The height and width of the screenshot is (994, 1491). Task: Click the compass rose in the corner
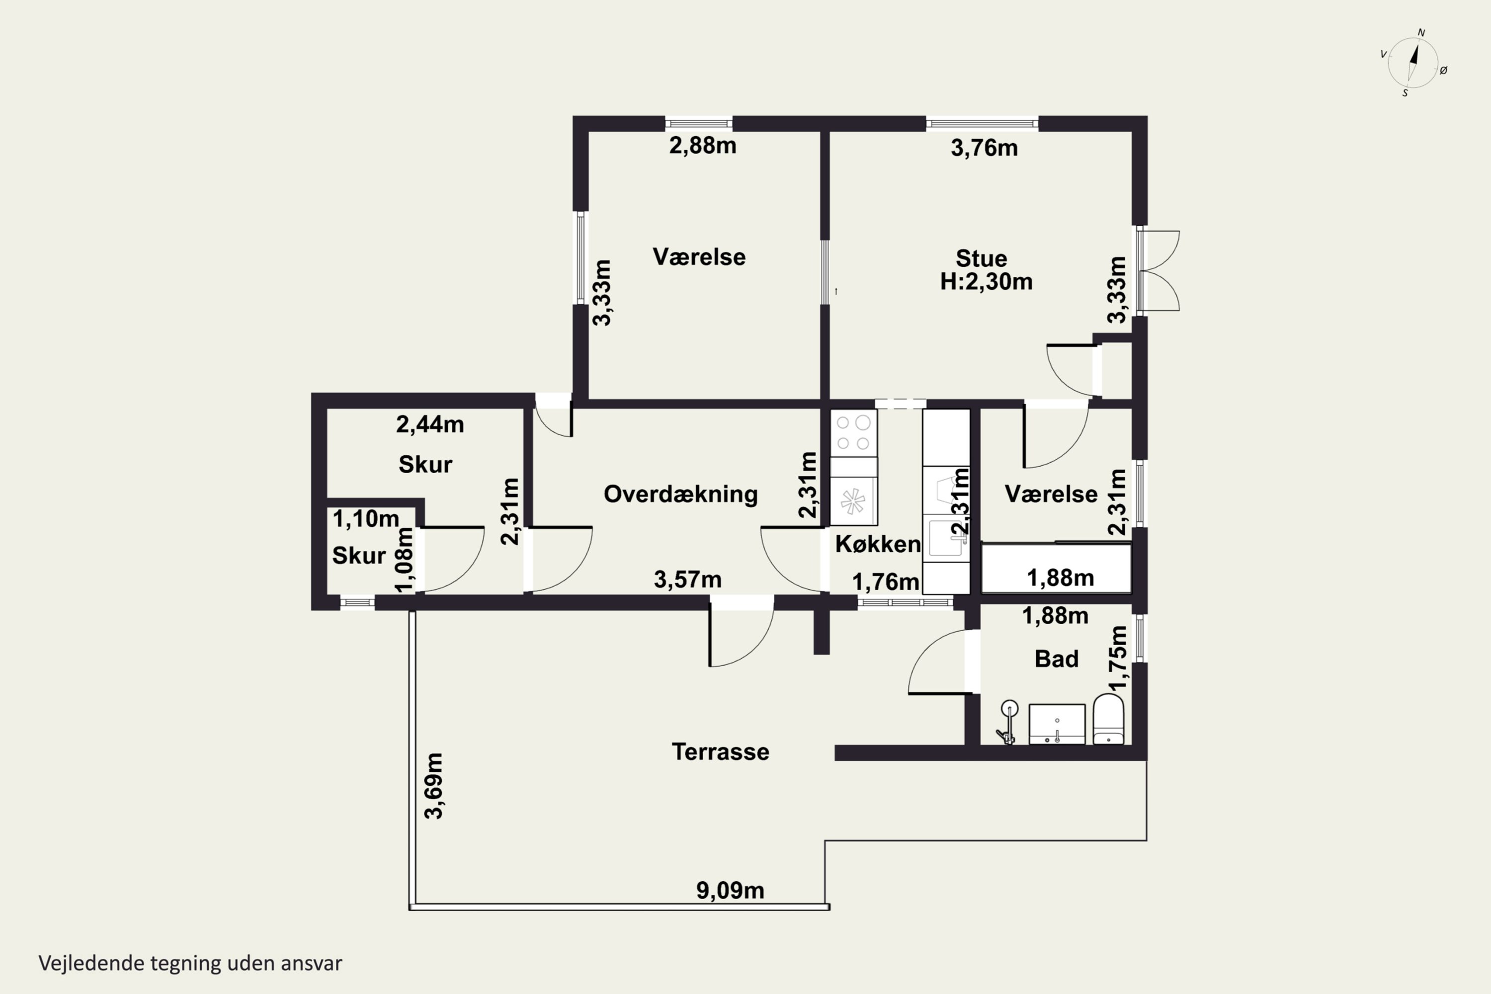coord(1413,63)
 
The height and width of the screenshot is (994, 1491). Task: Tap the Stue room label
coord(981,258)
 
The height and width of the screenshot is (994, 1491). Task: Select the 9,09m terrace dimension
coord(730,891)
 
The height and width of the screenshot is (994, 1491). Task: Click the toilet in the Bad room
coord(1109,719)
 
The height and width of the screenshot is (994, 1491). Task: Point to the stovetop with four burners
coord(853,433)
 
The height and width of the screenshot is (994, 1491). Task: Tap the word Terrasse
coord(720,752)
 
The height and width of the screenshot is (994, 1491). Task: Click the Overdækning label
coord(680,495)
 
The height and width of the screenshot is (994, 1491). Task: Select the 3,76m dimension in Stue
coord(984,148)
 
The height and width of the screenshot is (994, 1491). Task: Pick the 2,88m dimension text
coord(702,146)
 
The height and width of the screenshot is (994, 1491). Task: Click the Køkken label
coord(878,544)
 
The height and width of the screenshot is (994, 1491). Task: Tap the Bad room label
coord(1056,659)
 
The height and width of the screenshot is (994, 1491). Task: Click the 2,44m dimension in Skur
coord(430,424)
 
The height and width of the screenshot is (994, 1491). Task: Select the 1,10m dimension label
coord(366,518)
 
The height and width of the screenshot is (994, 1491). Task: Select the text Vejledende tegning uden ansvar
coord(190,963)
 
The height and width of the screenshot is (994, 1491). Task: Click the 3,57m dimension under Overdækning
coord(687,580)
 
